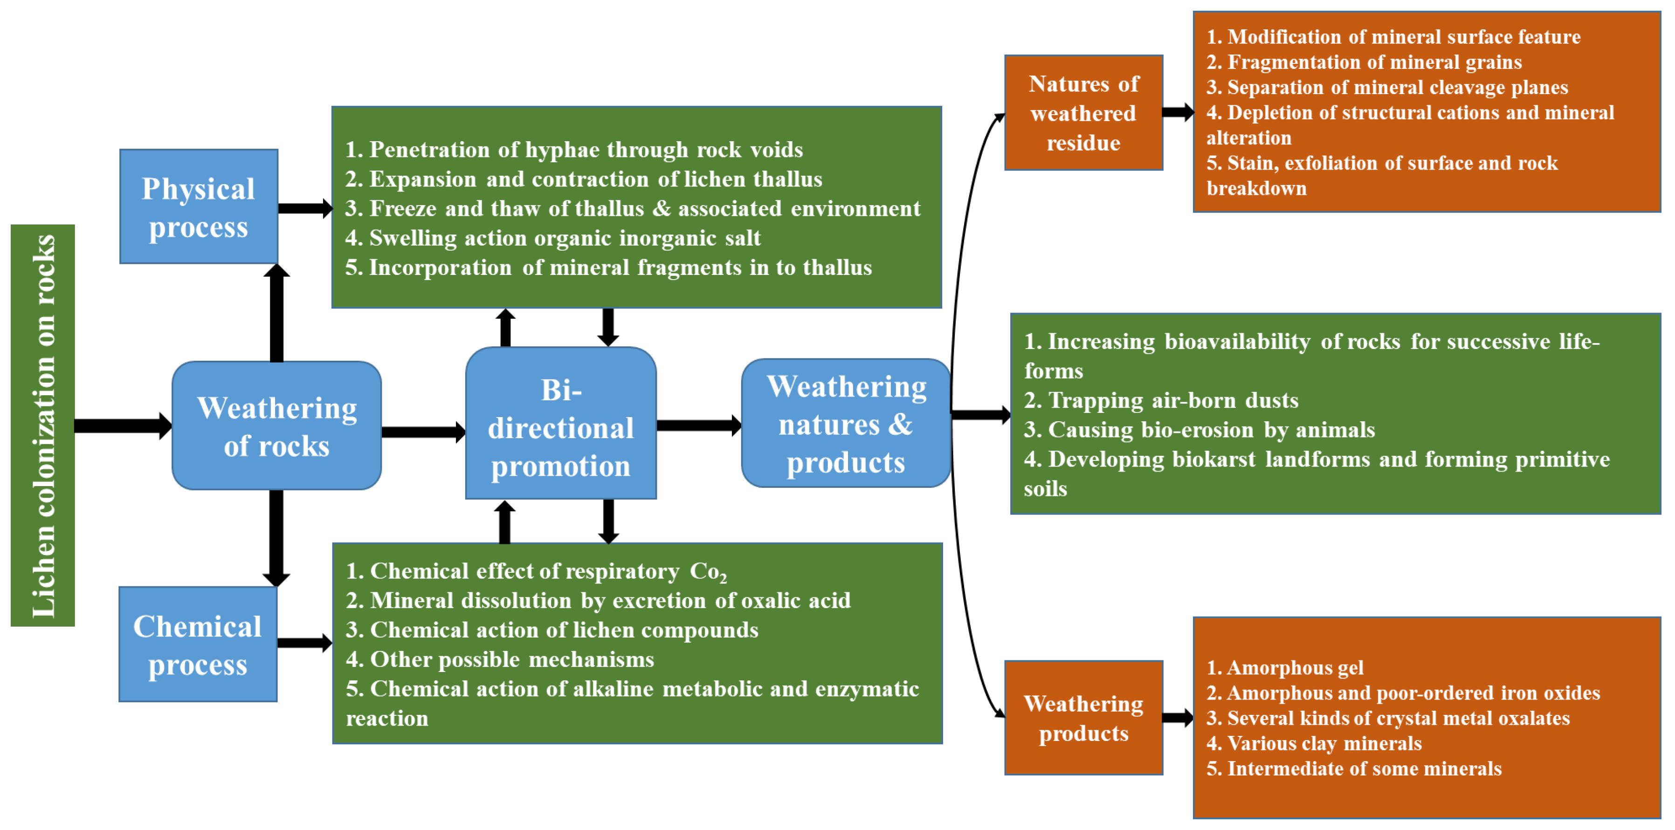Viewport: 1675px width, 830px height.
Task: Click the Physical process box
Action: tap(198, 207)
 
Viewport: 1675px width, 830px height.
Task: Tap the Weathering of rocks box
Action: tap(276, 426)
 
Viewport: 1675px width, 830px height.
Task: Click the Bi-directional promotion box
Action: tap(560, 424)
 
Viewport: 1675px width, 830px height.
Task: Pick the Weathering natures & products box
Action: tap(846, 423)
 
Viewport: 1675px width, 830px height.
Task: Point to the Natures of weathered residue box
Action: tap(1083, 113)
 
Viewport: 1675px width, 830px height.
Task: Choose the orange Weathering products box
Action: tap(1083, 718)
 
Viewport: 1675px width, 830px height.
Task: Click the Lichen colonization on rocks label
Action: tap(43, 426)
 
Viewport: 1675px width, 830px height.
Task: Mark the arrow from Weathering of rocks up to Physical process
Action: tap(276, 312)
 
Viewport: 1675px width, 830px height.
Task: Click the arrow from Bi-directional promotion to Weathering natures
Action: tap(698, 426)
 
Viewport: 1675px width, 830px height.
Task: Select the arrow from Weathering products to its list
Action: tap(1178, 718)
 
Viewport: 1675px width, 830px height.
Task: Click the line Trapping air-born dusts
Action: tap(1161, 400)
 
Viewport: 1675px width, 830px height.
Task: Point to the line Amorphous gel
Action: tap(1285, 667)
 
